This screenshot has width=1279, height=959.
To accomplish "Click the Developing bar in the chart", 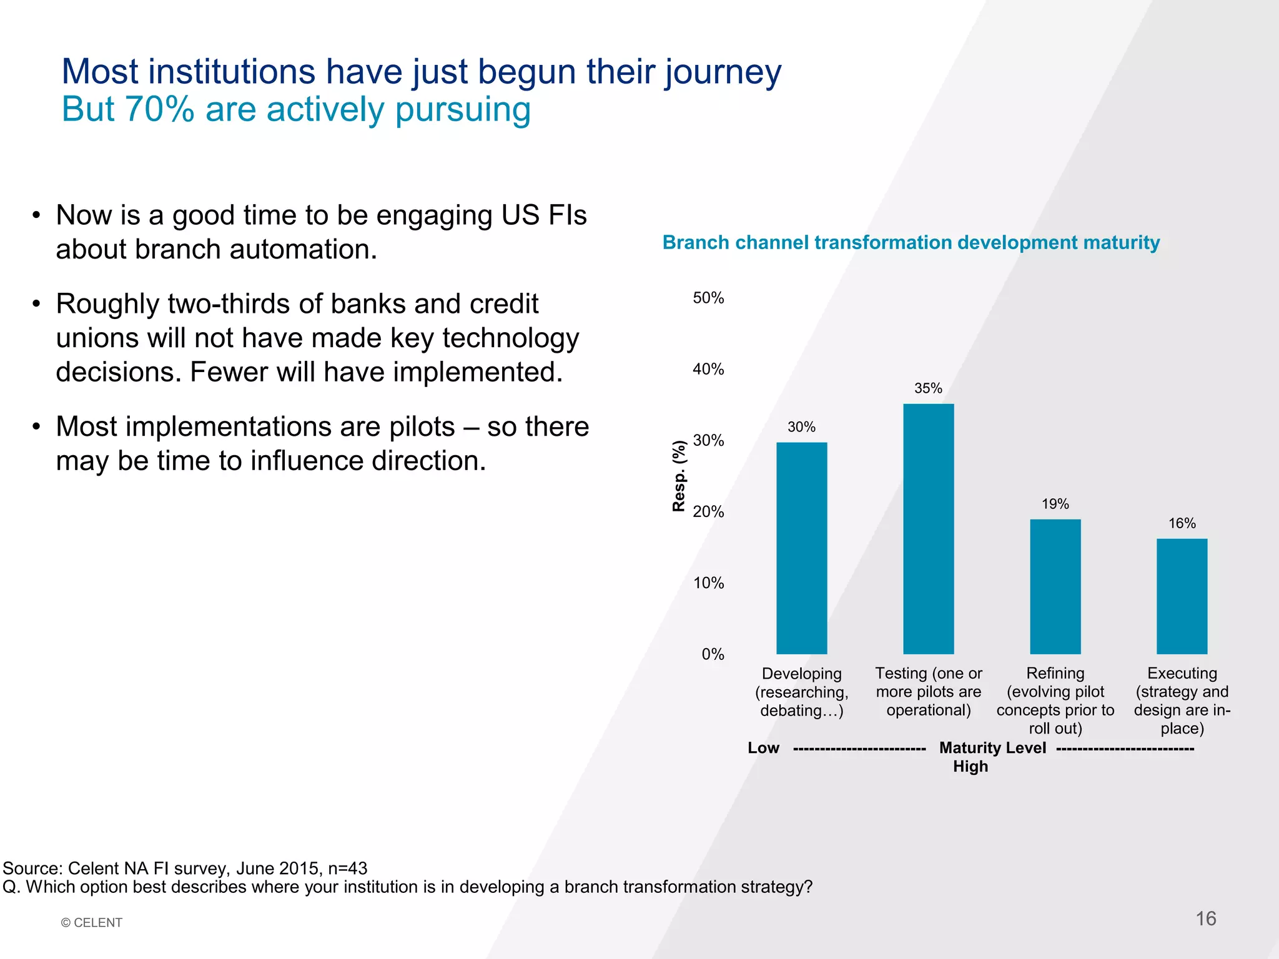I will coord(801,548).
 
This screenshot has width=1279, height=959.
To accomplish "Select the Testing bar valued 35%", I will coord(928,529).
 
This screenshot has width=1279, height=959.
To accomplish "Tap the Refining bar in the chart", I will coord(1055,586).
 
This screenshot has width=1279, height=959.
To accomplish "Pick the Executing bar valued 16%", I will coord(1182,596).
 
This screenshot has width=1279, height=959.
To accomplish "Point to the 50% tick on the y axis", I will coord(708,298).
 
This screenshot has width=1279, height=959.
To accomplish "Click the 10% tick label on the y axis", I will coord(708,583).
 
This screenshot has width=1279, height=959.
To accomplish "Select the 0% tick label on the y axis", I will coord(713,654).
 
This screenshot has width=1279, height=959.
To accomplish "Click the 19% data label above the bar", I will coord(1055,504).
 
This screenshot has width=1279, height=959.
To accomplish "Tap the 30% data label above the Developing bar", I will coord(801,427).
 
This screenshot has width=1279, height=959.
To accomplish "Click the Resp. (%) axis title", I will coord(679,476).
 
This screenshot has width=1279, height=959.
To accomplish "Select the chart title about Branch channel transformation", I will coord(911,242).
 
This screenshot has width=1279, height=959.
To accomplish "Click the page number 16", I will coord(1205,918).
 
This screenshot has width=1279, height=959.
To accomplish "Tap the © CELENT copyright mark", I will coord(92,923).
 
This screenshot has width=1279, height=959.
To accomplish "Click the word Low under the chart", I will coord(763,748).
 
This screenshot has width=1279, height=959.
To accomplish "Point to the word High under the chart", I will coord(970,767).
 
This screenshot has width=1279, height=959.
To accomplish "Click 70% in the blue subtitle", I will coord(160,109).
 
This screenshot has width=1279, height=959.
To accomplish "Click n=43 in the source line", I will coord(347,868).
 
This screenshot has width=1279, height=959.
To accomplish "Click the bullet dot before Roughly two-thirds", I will coord(37,305).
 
